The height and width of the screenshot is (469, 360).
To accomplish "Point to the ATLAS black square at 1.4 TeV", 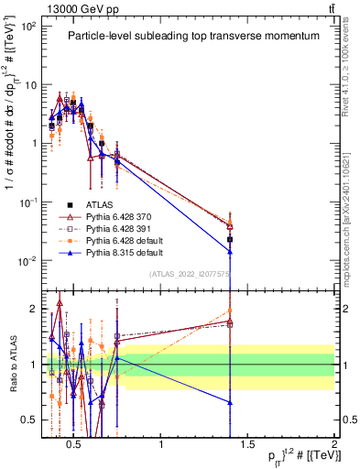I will pos(230,239).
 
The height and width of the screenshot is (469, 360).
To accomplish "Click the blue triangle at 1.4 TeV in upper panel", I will pos(230,251).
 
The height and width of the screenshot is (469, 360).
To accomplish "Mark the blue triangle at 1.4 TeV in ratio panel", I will pos(230,402).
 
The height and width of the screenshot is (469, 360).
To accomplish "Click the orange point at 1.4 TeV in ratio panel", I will pos(230,311).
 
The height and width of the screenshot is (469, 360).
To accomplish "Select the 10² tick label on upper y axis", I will pos(28,27).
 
